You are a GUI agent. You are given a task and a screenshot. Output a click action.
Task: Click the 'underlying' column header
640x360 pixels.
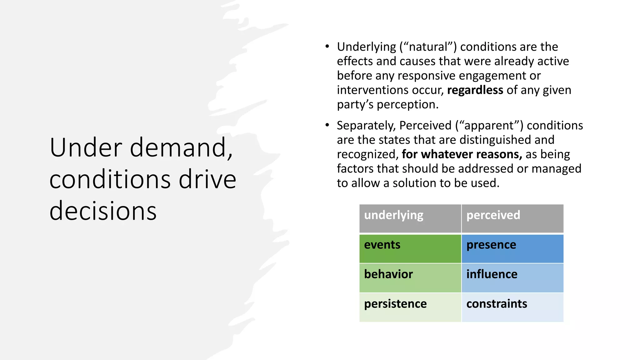click(410, 218)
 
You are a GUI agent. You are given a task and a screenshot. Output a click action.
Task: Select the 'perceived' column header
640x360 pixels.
click(512, 218)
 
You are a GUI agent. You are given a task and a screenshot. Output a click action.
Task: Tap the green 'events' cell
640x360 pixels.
click(410, 248)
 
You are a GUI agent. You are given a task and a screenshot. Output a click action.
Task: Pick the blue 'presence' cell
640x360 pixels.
click(512, 248)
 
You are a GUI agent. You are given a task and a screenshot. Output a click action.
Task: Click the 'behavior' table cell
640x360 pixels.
click(410, 277)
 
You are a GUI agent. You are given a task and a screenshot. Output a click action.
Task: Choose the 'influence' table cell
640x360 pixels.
click(512, 277)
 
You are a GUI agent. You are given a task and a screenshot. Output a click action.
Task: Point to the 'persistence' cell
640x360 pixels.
click(410, 307)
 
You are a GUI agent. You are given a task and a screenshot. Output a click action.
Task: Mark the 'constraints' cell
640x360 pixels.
click(512, 307)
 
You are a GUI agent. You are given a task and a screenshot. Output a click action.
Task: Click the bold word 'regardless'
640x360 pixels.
click(475, 90)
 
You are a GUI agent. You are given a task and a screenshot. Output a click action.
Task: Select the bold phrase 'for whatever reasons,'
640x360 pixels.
click(462, 154)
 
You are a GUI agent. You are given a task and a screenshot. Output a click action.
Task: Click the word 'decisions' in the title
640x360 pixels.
click(103, 211)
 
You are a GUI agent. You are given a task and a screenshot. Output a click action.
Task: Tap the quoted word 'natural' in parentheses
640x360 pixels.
click(428, 47)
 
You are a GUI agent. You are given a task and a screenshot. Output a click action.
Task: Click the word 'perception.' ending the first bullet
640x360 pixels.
click(407, 105)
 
